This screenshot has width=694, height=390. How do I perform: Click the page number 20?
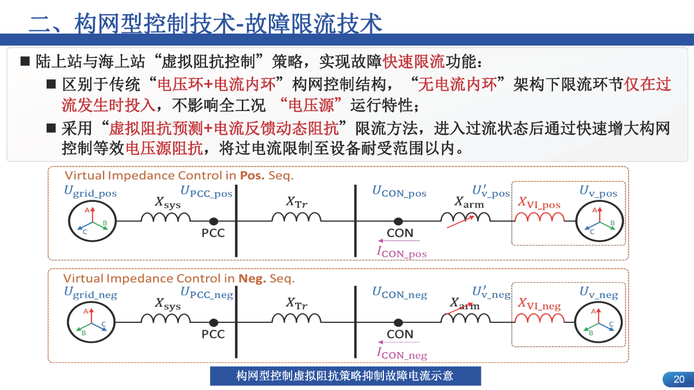point(679,379)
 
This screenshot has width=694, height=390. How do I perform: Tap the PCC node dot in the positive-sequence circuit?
point(214,221)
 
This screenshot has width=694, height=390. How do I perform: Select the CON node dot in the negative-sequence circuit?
point(399,322)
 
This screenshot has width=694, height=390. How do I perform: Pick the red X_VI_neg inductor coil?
point(539,319)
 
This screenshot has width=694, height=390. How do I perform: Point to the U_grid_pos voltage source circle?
point(93,221)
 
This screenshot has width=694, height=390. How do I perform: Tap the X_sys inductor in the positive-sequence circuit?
point(165,218)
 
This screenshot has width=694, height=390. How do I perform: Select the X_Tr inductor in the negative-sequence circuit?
point(296,319)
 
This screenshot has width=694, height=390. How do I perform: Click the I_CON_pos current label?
point(402,252)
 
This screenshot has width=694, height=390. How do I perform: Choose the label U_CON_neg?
point(400,293)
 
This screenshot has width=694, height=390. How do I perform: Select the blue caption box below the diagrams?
point(345,376)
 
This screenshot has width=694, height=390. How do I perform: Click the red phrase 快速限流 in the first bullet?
point(414,61)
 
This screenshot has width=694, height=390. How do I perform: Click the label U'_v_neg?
point(491,293)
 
